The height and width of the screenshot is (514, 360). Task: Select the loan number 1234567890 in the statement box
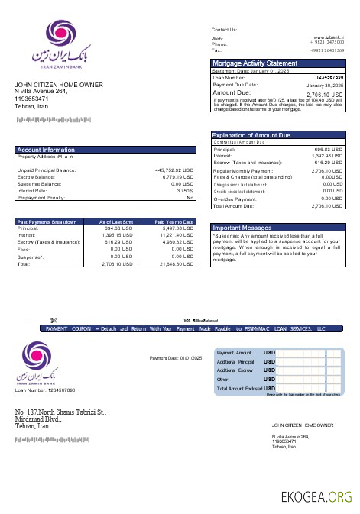point(329,78)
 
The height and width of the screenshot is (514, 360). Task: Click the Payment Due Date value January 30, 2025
point(328,85)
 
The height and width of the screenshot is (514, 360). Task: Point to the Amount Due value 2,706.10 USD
point(325,94)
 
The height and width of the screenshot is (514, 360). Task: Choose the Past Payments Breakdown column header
point(47,221)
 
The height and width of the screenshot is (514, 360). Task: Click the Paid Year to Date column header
point(174,221)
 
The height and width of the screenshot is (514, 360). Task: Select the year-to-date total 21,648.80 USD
point(175,263)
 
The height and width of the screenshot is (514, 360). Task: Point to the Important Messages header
point(242,228)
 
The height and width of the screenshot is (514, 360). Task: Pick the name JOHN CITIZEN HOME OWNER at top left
point(59,85)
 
